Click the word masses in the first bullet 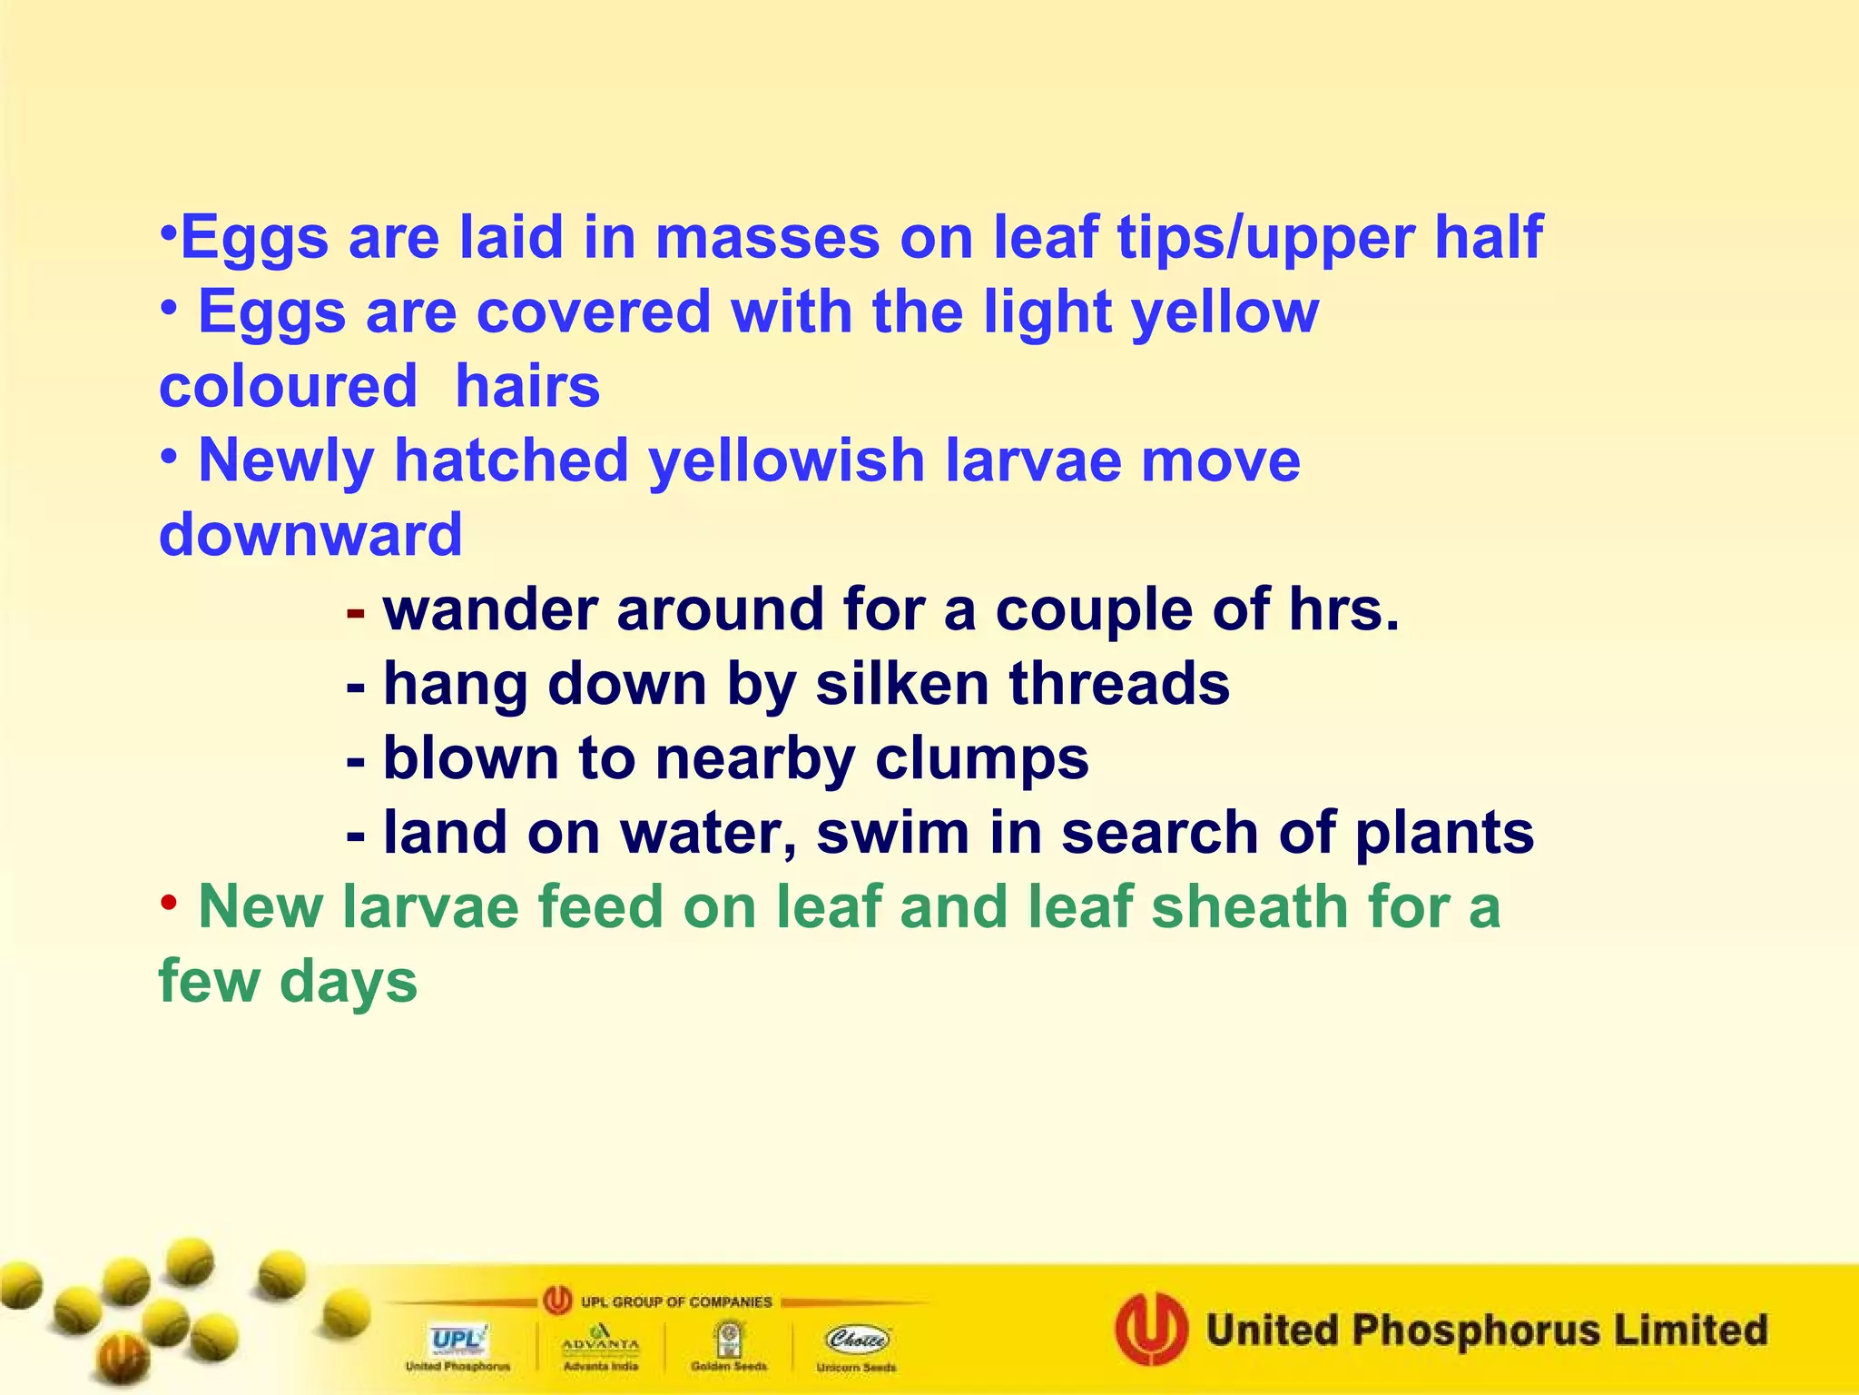(767, 238)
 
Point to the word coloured (288, 387)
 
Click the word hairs (527, 387)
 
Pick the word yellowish (786, 461)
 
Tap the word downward (310, 535)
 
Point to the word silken (902, 684)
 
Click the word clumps (981, 759)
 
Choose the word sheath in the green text (1250, 907)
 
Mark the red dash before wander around (356, 613)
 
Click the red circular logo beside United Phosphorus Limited (1151, 1330)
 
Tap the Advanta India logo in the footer (600, 1343)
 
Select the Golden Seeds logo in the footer (728, 1343)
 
